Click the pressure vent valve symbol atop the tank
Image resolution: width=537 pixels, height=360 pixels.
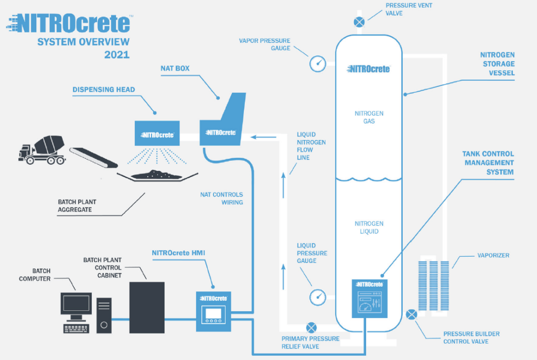(359, 22)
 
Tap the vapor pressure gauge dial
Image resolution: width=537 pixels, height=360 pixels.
(318, 63)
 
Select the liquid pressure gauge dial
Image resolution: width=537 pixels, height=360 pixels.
(318, 296)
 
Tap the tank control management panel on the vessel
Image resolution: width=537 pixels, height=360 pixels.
(369, 297)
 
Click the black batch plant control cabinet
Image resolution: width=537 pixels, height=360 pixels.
(147, 307)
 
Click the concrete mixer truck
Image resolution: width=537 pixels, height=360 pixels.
(41, 147)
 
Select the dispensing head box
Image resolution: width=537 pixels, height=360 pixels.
(157, 134)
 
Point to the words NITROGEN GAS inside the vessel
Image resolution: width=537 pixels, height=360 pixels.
(369, 117)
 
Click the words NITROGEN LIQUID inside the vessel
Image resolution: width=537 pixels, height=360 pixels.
(369, 227)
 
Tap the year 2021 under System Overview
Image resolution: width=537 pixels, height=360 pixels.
(117, 54)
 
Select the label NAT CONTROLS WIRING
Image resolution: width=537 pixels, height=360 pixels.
(221, 198)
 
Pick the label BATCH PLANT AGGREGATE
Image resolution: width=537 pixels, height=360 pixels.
(77, 205)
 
